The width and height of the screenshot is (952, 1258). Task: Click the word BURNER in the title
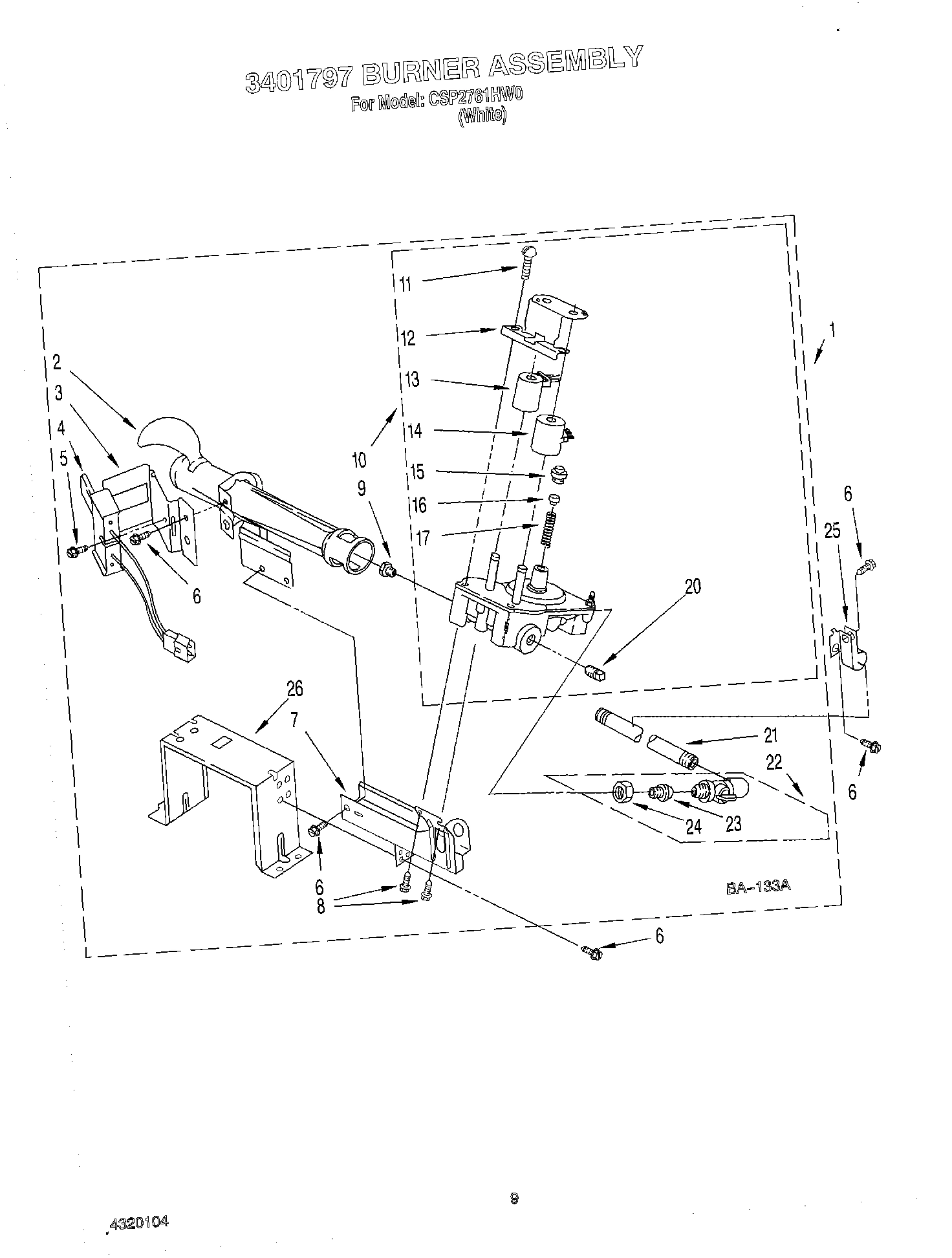click(417, 71)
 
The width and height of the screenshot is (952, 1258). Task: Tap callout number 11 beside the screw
click(405, 284)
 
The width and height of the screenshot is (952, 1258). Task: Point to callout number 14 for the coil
click(414, 429)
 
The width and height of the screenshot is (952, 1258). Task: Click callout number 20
click(692, 586)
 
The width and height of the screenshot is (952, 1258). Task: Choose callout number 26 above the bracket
click(294, 688)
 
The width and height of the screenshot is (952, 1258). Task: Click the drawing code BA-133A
click(758, 887)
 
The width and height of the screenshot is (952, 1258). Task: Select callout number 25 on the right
click(832, 531)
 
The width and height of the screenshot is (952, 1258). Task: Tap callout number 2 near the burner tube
click(57, 362)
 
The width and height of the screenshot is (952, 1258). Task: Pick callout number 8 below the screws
click(321, 906)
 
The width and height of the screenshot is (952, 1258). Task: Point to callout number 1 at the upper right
click(832, 331)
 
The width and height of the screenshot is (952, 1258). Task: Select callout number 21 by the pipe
click(770, 735)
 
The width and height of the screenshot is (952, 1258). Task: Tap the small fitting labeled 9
click(388, 569)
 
